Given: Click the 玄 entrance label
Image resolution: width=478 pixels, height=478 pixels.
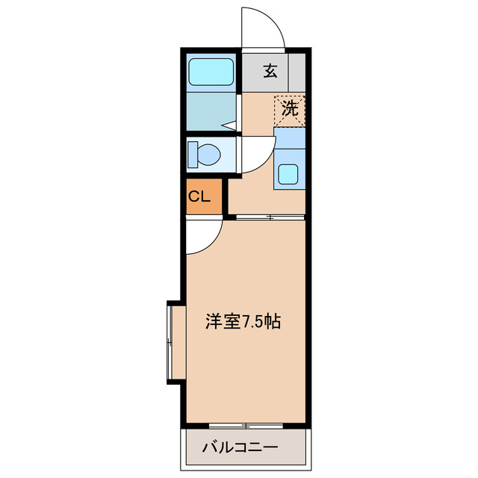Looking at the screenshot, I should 270,72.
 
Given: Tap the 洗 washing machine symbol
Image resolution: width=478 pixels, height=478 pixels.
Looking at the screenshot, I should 288,108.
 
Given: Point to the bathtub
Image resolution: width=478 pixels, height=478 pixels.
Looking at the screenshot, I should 211,72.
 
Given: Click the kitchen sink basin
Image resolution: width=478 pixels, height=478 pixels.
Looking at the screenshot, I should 288,174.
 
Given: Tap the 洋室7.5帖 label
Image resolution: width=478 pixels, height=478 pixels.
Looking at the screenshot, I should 243,322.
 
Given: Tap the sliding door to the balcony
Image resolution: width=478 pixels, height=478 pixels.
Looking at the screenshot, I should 245,426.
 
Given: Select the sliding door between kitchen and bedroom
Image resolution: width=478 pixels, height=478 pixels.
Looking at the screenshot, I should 270,217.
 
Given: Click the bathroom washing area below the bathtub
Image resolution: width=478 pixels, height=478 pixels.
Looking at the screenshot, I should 211,112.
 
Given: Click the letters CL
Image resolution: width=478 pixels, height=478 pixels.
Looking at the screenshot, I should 198,197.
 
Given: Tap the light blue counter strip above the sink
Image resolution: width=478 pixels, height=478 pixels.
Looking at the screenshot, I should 290,137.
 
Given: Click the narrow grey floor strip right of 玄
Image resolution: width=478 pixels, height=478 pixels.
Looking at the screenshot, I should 297,72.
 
